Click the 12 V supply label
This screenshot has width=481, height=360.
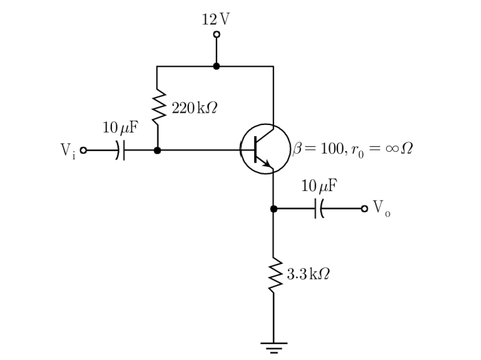(x=216, y=19)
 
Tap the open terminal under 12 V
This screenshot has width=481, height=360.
(x=216, y=34)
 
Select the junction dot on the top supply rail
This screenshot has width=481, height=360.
(x=216, y=66)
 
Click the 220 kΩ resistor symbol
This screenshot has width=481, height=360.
(x=159, y=107)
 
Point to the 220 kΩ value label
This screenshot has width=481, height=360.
(x=194, y=108)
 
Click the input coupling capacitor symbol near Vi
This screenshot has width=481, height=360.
(x=120, y=150)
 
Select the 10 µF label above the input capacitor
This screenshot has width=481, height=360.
(x=120, y=128)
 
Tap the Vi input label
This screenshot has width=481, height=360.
(x=68, y=150)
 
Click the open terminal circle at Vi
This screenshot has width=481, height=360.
(x=83, y=150)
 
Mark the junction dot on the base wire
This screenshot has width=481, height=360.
(x=157, y=150)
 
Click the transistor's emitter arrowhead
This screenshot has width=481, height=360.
(x=267, y=164)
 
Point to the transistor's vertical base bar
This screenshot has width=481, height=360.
(x=256, y=150)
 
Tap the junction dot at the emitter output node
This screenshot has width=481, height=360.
(x=273, y=209)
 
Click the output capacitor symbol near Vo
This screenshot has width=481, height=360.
(x=319, y=209)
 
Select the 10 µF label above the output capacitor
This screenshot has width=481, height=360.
(x=320, y=185)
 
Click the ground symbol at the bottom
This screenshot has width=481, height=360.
(x=273, y=348)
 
